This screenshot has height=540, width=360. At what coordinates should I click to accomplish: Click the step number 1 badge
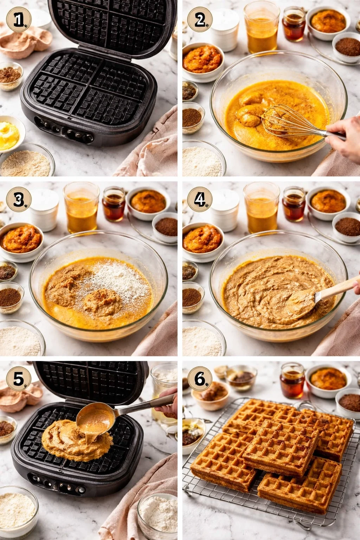point(19,20)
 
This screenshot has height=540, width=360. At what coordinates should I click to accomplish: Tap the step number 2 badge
point(200,20)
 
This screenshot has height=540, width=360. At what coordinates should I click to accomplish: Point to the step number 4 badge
point(200,200)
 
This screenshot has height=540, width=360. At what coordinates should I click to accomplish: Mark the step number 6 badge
point(200,379)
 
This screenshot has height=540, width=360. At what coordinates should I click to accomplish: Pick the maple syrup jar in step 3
point(114,205)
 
